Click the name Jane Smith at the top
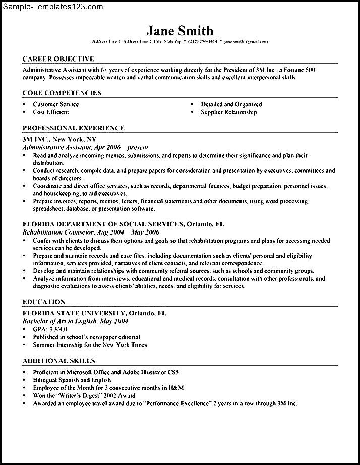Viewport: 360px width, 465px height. pyautogui.click(x=180, y=31)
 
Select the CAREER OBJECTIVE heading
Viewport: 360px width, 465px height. pyautogui.click(x=58, y=59)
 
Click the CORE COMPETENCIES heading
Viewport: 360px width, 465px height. pyautogui.click(x=62, y=93)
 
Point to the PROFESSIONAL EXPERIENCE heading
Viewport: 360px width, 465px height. pyautogui.click(x=74, y=128)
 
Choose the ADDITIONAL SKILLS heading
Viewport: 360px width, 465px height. pyautogui.click(x=58, y=361)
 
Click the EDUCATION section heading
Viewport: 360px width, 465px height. pyautogui.click(x=44, y=302)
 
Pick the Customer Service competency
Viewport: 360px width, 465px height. pyautogui.click(x=55, y=104)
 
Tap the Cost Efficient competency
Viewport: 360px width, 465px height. pyautogui.click(x=50, y=112)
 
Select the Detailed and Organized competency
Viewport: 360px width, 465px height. pyautogui.click(x=231, y=104)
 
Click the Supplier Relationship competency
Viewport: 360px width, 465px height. pyautogui.click(x=228, y=112)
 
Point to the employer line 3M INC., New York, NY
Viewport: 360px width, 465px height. pyautogui.click(x=59, y=139)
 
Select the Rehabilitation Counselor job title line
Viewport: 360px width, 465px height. pyautogui.click(x=91, y=233)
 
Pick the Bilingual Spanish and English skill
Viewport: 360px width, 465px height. pyautogui.click(x=72, y=380)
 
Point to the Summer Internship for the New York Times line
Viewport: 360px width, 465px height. pyautogui.click(x=90, y=345)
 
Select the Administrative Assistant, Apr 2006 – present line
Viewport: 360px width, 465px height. pyautogui.click(x=85, y=147)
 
